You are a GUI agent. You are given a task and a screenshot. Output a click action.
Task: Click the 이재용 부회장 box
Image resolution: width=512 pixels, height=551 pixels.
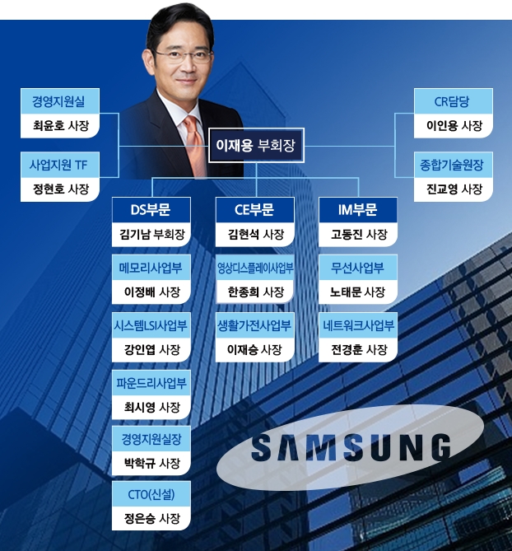[x=255, y=147]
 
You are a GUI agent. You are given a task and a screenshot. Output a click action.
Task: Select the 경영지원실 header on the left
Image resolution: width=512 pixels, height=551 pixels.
[x=58, y=103]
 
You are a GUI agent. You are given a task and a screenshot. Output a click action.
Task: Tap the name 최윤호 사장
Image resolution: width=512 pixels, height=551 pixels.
[x=58, y=127]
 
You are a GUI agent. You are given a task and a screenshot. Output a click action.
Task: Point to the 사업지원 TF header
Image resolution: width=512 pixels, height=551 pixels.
[x=58, y=165]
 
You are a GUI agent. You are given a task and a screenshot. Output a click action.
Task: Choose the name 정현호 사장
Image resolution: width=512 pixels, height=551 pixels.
[x=58, y=189]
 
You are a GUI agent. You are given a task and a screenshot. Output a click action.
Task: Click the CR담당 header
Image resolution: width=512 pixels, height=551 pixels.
[x=454, y=103]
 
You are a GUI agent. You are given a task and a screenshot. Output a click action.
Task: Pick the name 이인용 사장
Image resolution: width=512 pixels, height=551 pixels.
[x=454, y=127]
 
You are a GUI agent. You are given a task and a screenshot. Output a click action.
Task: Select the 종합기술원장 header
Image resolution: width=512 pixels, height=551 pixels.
[x=454, y=165]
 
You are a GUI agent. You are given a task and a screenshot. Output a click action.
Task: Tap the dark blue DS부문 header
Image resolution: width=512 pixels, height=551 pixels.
[x=151, y=210]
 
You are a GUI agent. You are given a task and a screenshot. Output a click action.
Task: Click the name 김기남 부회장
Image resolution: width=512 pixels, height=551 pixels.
[x=151, y=235]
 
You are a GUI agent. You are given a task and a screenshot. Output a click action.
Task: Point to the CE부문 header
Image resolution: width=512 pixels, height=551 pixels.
[x=255, y=210]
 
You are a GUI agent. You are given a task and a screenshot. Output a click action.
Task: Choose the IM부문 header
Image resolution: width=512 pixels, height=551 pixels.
[x=359, y=210]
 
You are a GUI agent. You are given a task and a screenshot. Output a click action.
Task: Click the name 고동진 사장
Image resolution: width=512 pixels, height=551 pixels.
[x=359, y=235]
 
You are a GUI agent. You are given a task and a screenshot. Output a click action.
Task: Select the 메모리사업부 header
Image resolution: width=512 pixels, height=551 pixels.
[x=151, y=268]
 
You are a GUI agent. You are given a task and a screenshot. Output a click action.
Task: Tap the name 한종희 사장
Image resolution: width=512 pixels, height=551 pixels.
[x=255, y=292]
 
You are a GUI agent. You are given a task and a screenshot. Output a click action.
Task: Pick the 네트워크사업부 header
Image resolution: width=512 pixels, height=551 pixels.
[x=359, y=325]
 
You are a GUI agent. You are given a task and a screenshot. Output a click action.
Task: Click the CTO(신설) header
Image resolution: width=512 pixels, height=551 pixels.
[x=151, y=494]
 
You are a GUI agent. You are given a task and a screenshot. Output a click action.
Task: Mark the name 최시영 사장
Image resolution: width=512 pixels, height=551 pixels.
[x=151, y=406]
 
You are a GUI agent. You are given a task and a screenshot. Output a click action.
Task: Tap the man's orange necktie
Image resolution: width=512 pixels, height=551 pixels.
[x=193, y=140]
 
